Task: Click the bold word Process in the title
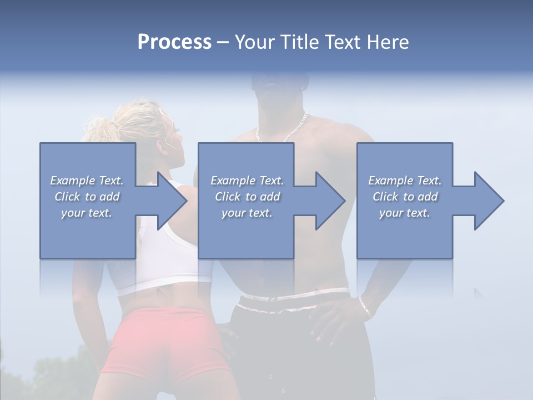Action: [174, 42]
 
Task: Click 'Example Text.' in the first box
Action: [87, 180]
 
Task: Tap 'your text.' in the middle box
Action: [247, 213]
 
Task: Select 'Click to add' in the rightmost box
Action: [405, 196]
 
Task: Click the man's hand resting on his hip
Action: [333, 322]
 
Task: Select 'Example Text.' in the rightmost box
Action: [405, 180]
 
